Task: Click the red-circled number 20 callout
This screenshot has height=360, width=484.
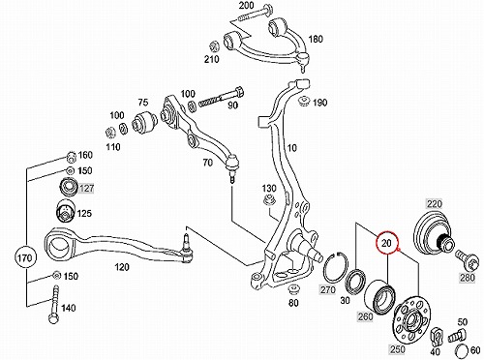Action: click(x=387, y=243)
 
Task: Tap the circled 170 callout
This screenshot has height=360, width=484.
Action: click(x=25, y=257)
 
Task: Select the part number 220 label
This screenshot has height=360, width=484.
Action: click(x=435, y=204)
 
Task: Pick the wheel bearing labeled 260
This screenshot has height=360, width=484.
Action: click(x=379, y=297)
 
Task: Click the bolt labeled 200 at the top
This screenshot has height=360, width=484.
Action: click(x=255, y=13)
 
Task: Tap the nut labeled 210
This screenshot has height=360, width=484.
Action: click(x=214, y=45)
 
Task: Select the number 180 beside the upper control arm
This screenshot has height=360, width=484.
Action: click(x=315, y=39)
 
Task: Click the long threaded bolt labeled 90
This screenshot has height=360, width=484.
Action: click(x=222, y=98)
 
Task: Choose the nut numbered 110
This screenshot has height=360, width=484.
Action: click(x=109, y=132)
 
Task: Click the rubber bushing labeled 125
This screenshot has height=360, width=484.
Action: click(x=66, y=211)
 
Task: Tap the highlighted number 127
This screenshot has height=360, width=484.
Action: click(x=86, y=188)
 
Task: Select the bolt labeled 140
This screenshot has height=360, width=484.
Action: click(x=54, y=304)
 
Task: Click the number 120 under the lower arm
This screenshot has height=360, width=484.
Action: click(x=122, y=267)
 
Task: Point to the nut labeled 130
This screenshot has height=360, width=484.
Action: click(x=269, y=201)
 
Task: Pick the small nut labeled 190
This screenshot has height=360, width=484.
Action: click(x=304, y=102)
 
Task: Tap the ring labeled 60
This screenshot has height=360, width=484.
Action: click(x=463, y=350)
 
